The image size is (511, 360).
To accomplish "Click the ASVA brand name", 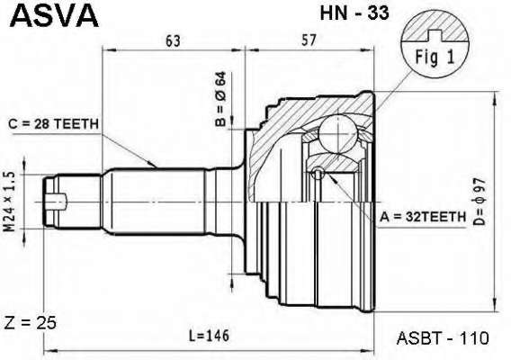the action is (x=54, y=16).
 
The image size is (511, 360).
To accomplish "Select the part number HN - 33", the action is (x=354, y=13).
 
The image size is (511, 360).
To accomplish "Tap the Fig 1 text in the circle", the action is (x=435, y=58).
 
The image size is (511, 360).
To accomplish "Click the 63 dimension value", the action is (x=173, y=40).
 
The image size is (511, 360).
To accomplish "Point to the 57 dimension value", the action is (x=309, y=40).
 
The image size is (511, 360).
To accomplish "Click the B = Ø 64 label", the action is (x=220, y=99).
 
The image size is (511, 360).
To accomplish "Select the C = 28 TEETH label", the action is (x=53, y=124).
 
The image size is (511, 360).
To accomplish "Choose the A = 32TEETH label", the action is (x=423, y=217).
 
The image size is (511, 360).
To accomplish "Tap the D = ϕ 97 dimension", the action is (x=480, y=202).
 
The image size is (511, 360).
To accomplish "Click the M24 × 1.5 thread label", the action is (x=10, y=202).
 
